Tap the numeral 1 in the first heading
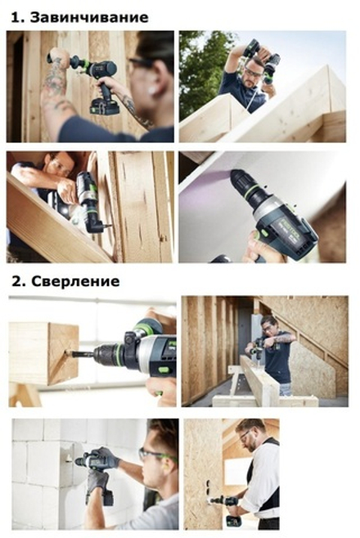coord(16,17)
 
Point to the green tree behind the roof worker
coord(200,69)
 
